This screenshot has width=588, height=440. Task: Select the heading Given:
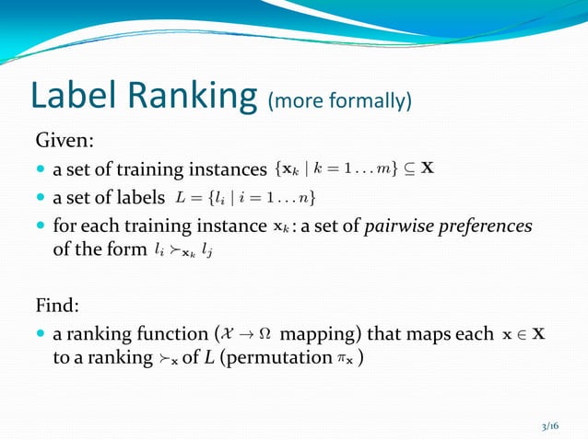click(x=65, y=141)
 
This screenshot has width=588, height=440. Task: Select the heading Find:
click(x=60, y=305)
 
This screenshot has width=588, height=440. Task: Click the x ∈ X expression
click(x=523, y=334)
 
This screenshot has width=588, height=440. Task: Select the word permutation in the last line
click(x=288, y=358)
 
